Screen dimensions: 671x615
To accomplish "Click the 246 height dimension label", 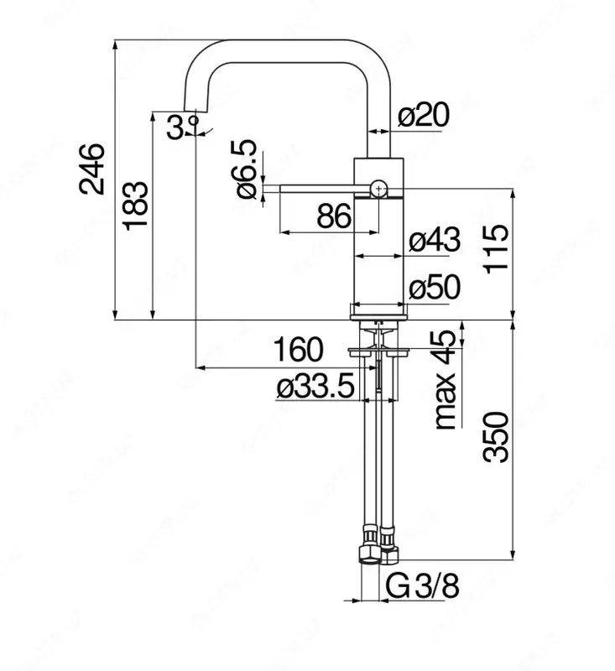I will click(x=92, y=168).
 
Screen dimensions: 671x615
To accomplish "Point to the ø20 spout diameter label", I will click(x=425, y=116).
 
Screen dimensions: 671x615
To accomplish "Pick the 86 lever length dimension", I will click(x=334, y=217).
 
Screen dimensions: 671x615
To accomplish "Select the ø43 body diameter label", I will click(x=434, y=242).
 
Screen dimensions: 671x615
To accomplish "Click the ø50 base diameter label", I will click(x=434, y=289).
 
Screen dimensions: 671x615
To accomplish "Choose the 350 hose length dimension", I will click(x=498, y=438).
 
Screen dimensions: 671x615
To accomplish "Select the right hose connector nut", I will click(x=388, y=549).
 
